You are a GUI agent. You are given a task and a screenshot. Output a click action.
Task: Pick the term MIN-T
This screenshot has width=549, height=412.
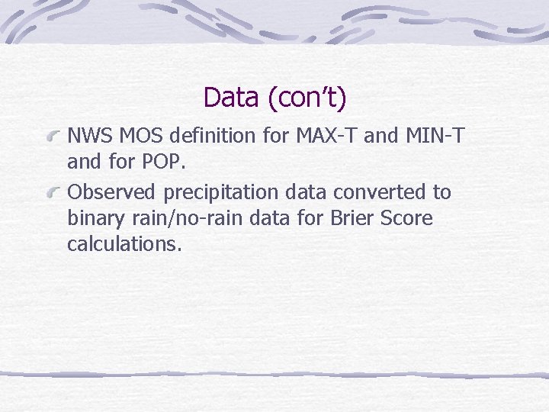click(x=435, y=137)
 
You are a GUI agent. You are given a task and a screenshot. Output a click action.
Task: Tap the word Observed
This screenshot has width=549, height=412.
click(x=108, y=192)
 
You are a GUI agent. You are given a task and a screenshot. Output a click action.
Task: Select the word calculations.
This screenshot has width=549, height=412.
click(x=125, y=244)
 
